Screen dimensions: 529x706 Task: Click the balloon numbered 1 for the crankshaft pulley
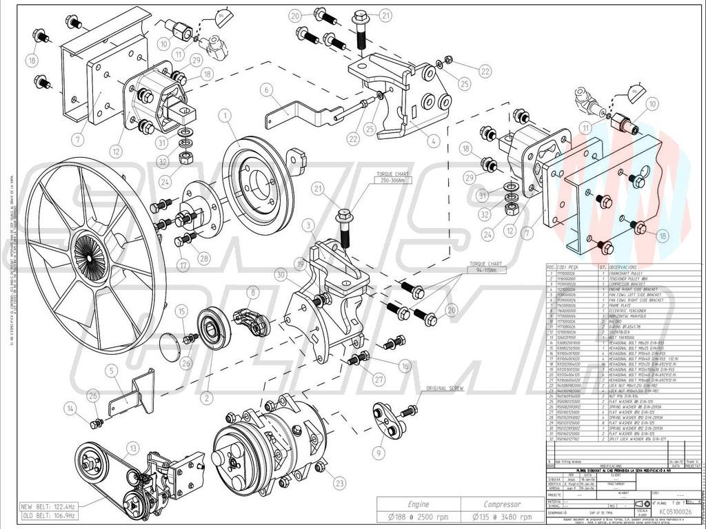point(225,116)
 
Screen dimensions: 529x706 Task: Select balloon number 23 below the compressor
point(339,484)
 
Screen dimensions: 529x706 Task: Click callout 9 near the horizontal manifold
point(378,453)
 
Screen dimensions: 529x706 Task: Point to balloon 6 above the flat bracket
point(263,89)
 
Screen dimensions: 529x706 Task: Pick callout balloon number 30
point(279,275)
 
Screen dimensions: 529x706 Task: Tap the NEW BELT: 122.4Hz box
point(49,506)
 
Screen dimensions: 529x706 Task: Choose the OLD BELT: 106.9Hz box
point(49,515)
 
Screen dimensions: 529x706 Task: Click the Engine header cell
point(418,504)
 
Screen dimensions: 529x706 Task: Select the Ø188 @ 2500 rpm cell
point(418,517)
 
